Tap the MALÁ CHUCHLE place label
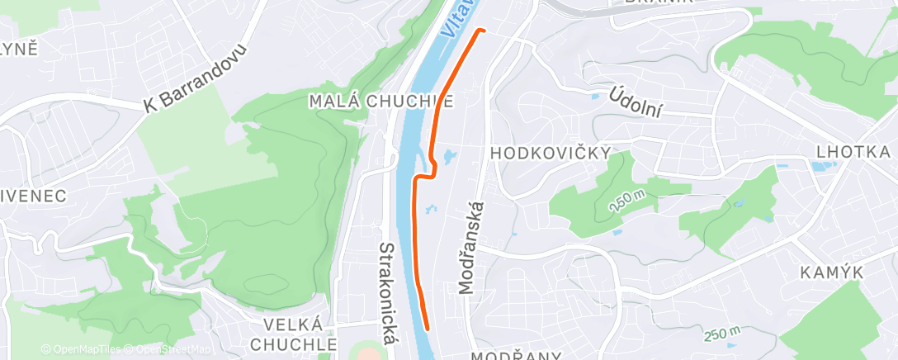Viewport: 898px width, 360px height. (x=380, y=101)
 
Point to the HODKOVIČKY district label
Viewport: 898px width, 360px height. (x=551, y=153)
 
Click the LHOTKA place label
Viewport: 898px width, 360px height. (x=853, y=153)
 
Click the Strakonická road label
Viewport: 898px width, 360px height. (x=387, y=292)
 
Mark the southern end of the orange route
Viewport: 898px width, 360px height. (x=427, y=327)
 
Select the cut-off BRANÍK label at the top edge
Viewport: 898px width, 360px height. (x=658, y=2)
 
